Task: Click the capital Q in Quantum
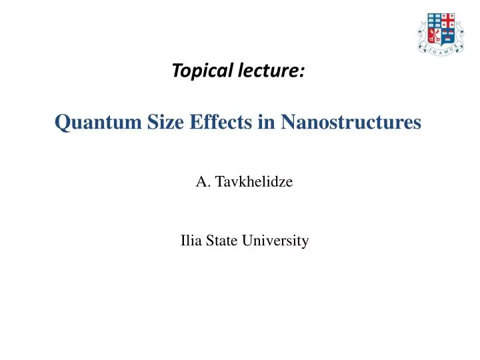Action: (61, 123)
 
